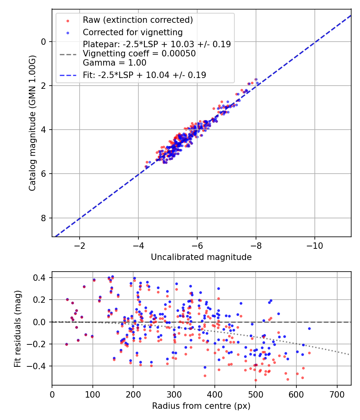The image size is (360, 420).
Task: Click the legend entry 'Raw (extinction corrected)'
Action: (138, 20)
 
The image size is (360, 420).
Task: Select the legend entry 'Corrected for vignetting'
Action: (132, 32)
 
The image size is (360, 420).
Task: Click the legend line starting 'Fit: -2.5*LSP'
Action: (144, 75)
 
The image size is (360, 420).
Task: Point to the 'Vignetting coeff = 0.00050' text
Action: (139, 54)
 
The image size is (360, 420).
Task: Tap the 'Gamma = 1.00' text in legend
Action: (114, 62)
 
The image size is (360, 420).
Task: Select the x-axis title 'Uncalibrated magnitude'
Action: (201, 257)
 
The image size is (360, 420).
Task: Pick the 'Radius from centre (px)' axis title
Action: (201, 406)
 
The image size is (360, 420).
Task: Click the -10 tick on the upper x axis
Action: (315, 244)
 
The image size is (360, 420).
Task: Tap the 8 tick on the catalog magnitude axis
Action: (44, 218)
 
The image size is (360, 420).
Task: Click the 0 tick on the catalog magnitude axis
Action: (44, 42)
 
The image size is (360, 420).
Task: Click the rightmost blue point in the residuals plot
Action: (309, 328)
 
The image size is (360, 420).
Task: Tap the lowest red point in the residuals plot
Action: (256, 380)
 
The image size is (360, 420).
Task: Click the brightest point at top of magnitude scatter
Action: (256, 80)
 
